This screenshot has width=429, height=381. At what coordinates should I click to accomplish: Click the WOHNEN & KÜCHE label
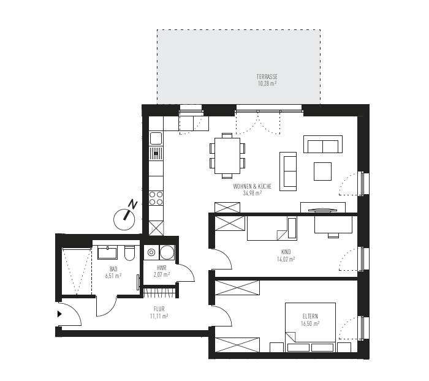pos(252,186)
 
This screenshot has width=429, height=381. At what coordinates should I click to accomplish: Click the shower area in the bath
pos(76,270)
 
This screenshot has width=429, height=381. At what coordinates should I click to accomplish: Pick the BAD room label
pos(113,269)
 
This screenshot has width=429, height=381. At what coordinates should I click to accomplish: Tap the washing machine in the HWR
pos(166,252)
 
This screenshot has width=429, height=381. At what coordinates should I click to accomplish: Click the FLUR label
pos(159,309)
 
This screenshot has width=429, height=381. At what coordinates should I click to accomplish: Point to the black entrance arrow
pos(59,314)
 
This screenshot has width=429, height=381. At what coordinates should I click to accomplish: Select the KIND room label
pos(286,252)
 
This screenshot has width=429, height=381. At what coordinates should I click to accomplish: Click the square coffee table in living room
pos(322,171)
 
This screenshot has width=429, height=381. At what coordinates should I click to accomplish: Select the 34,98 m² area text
pos(252,192)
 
